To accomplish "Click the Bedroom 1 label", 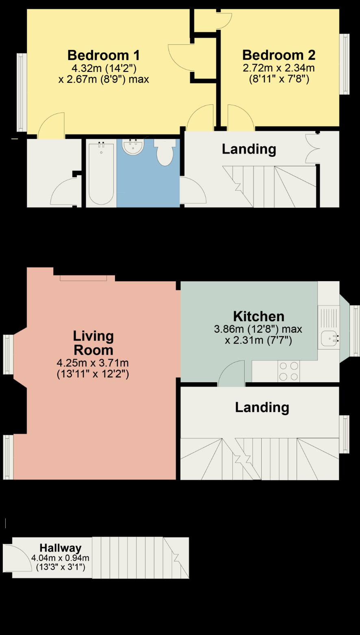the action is [104, 55].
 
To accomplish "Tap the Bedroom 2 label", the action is [279, 55].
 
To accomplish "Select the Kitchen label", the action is [258, 316].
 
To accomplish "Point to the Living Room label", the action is [93, 343].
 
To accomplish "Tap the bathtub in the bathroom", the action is [101, 173].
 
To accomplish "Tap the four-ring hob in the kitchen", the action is [288, 371].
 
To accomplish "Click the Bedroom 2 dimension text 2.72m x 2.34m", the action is [279, 68].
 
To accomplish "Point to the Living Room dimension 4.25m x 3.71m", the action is [93, 363].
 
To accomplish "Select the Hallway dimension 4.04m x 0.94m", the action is [61, 558].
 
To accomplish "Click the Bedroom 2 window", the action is [345, 64].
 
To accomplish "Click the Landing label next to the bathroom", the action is [249, 149].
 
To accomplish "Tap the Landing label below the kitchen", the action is [262, 407].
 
